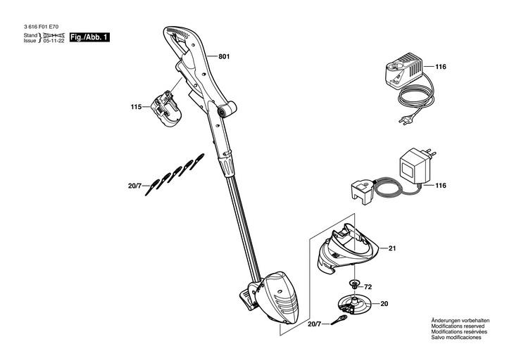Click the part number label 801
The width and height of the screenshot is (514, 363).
point(225,56)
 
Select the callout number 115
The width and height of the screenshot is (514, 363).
point(136,107)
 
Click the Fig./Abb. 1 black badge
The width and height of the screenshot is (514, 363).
point(89,37)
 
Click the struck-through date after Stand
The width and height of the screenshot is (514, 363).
point(54,34)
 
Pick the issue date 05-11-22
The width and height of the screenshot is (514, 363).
point(54,41)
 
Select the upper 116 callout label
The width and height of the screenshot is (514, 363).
point(441,67)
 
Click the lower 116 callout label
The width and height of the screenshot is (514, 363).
point(441,186)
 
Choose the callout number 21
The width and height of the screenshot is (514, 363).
point(393,248)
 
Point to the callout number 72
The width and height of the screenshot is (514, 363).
point(368,287)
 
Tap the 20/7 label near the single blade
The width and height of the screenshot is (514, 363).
point(315,324)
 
